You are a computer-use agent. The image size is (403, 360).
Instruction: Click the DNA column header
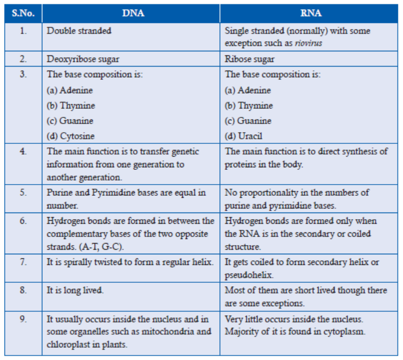[133, 13]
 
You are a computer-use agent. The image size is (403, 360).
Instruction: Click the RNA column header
[311, 13]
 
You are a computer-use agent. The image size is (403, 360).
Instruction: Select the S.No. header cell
[23, 13]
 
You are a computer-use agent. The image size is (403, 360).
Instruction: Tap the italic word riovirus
[308, 43]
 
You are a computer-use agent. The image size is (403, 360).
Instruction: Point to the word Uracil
[250, 136]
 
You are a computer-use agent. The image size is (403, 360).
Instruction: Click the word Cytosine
[77, 136]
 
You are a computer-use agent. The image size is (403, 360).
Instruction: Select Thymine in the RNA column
[255, 106]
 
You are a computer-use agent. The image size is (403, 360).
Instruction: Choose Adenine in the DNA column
[76, 91]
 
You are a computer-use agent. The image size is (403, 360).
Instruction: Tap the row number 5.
[23, 193]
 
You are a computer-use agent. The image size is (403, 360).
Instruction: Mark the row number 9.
[23, 319]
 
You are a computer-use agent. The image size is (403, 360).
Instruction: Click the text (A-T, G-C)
[101, 247]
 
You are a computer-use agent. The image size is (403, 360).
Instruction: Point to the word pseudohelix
[249, 275]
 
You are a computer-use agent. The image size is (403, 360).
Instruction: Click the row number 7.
[23, 262]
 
